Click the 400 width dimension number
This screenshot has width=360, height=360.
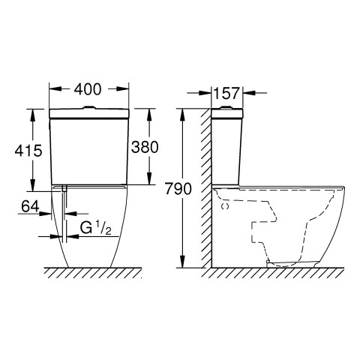88,89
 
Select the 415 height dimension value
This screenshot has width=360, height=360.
28,151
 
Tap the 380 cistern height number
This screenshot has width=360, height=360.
145,147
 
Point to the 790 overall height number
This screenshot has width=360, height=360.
178,189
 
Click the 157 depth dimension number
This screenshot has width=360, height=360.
226,93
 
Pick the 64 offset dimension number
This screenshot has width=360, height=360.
30,207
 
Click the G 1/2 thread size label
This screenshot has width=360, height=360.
96,228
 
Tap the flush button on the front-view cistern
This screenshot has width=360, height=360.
89,108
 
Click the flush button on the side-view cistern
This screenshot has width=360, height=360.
226,108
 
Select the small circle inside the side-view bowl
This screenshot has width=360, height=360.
225,206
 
